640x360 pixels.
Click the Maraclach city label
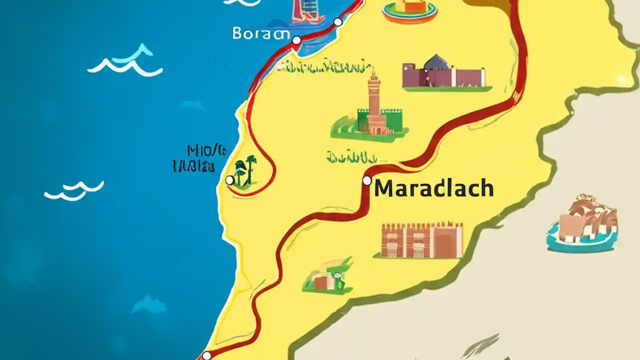(x=434, y=188)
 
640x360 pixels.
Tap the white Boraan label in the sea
(x=261, y=34)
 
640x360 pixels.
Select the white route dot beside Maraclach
(x=367, y=180)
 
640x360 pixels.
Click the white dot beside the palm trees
(x=229, y=180)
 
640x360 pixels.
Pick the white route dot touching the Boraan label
(x=296, y=40)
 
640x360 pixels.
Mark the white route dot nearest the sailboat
(x=338, y=21)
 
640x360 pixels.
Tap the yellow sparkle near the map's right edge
(x=621, y=79)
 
